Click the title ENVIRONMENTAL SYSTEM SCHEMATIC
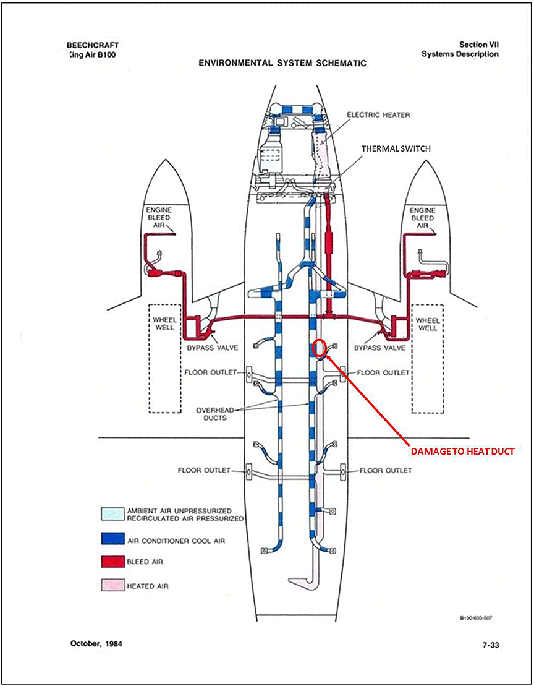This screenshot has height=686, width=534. [282, 63]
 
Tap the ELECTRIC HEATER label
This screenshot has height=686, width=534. [378, 115]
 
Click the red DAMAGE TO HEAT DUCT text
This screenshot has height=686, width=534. [463, 452]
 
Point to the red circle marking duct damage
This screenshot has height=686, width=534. [320, 349]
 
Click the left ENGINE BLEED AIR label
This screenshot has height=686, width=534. [158, 218]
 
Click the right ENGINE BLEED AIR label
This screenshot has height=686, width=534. [423, 218]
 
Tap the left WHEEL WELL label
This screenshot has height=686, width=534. [165, 324]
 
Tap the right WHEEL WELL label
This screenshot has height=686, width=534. [427, 324]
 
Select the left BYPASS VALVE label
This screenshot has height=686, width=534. [212, 348]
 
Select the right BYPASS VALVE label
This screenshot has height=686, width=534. [379, 348]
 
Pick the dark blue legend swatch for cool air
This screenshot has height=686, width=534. [111, 541]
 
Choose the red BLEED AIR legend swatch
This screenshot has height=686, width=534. [111, 562]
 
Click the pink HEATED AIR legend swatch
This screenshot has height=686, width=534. [111, 585]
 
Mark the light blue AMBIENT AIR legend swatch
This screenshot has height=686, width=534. [111, 514]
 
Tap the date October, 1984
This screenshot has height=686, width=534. [95, 645]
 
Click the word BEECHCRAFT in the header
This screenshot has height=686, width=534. [92, 45]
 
